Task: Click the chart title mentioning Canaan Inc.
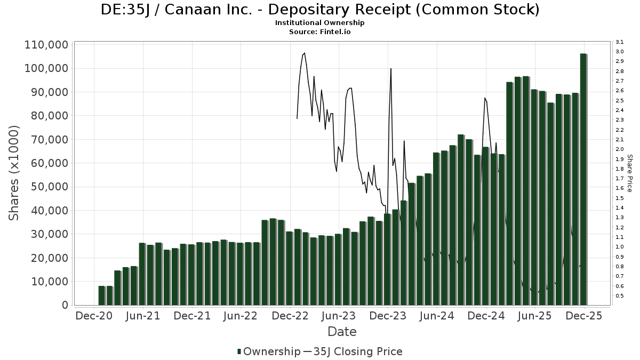pos(320,10)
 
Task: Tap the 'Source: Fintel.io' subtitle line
pos(320,32)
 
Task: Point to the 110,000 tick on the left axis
pos(46,45)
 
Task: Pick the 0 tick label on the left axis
pos(65,305)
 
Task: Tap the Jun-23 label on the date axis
pos(339,316)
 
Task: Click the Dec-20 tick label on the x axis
pos(94,316)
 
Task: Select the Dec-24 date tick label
pos(486,316)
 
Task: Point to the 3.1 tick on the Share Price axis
pos(620,42)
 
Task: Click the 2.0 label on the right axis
pos(620,149)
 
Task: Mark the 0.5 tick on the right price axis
pos(620,296)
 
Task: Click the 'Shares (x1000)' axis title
pos(14,173)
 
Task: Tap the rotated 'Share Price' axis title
pos(629,173)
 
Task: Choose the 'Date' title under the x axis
pos(342,332)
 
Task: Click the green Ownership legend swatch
pos(239,351)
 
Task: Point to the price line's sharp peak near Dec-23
pos(391,69)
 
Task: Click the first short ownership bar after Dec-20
pos(101,295)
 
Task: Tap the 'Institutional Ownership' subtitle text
pos(320,23)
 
